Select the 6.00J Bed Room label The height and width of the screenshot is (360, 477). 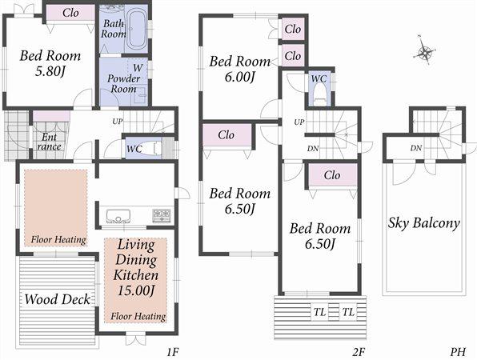[239, 69]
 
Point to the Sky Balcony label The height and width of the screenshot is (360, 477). [423, 223]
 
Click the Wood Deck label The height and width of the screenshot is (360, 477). [55, 300]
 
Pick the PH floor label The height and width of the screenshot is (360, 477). [457, 350]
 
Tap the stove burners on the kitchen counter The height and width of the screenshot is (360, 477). [162, 214]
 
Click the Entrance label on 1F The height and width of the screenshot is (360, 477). [49, 142]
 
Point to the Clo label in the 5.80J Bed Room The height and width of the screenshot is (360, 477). [70, 13]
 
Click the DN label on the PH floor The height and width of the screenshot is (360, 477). [416, 149]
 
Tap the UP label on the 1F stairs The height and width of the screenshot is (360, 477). [118, 121]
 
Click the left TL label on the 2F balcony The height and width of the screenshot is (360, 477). [319, 311]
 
